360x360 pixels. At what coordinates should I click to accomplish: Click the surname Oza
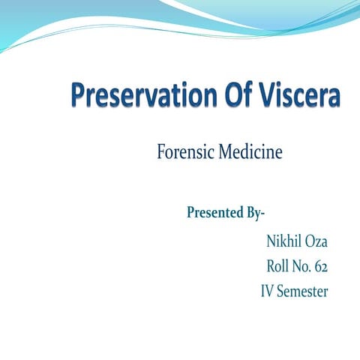click(316, 241)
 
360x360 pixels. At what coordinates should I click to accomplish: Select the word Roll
click(279, 266)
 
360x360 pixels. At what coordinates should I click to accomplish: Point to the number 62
click(321, 266)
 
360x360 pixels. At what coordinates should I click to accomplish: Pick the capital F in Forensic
click(162, 153)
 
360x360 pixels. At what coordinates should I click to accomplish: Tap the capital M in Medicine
click(226, 153)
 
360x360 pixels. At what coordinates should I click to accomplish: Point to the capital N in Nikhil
click(271, 241)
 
